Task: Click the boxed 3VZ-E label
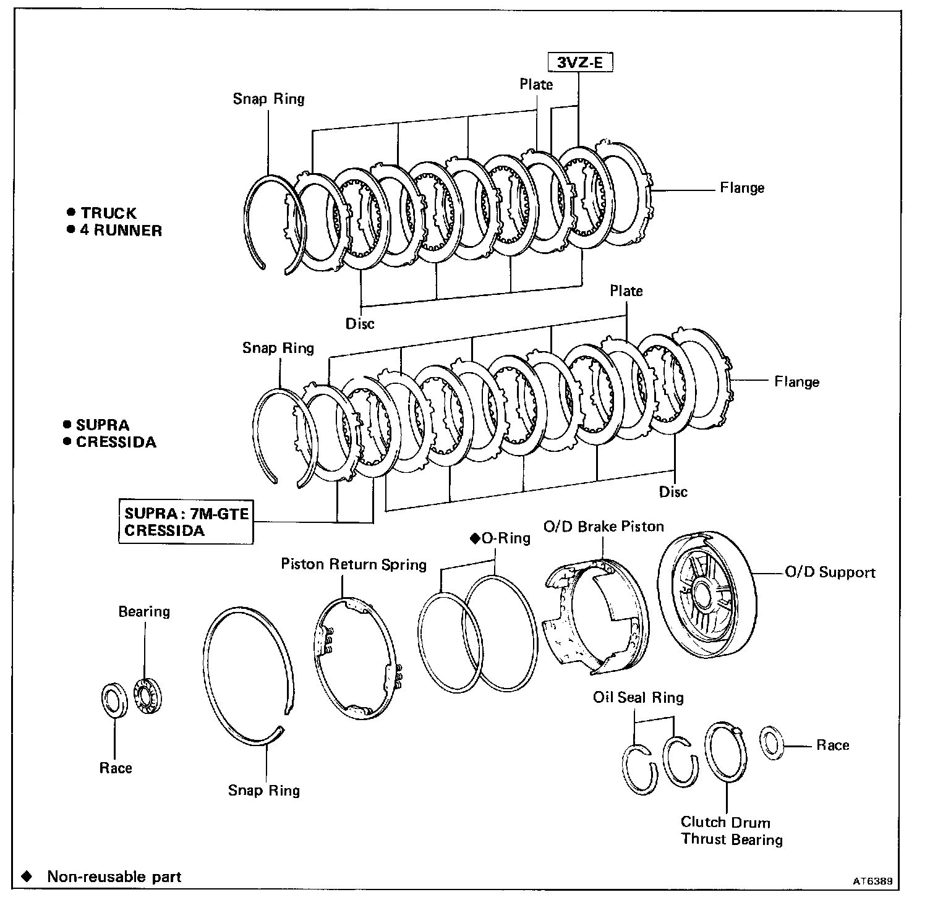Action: [579, 62]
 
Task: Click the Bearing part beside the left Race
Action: [147, 697]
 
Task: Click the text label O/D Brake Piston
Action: [604, 527]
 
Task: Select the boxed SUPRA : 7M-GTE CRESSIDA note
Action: [186, 522]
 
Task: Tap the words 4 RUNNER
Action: [121, 231]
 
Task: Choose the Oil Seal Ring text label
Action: [638, 698]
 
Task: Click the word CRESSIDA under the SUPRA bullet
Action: [116, 443]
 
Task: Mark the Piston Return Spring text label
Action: [354, 564]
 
